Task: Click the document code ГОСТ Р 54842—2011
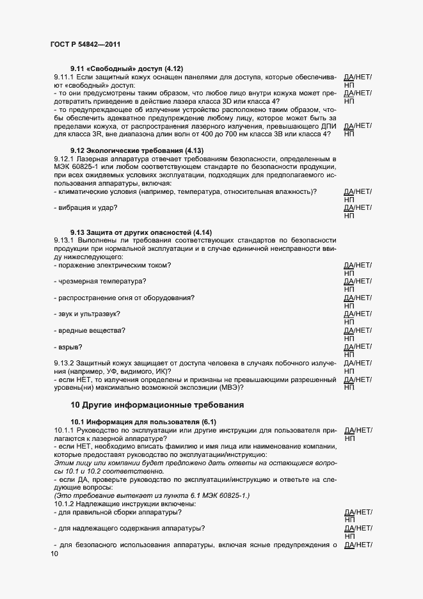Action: [85, 44]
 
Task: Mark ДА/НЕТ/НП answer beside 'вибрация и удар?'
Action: [358, 212]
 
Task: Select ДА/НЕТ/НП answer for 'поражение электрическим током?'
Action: [358, 269]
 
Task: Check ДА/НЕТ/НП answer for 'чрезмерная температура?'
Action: [358, 285]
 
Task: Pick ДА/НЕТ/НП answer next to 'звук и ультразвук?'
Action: [358, 318]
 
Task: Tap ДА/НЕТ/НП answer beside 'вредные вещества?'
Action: [358, 334]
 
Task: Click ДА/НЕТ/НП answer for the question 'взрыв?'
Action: [358, 351]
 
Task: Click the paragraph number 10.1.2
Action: [67, 504]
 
